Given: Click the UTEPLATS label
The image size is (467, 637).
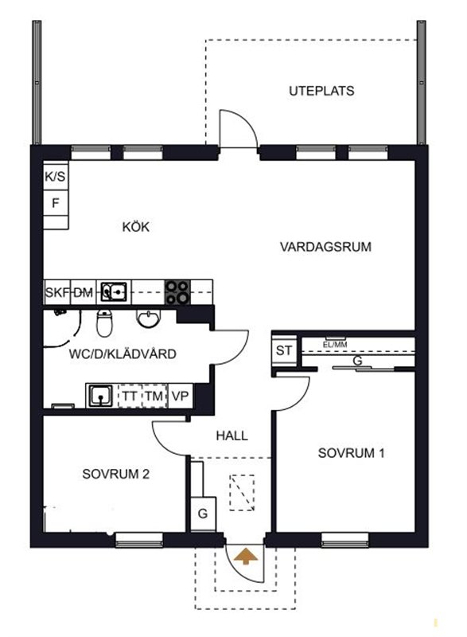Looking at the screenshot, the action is pyautogui.click(x=321, y=91).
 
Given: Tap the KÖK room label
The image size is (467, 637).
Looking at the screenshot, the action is pyautogui.click(x=136, y=226).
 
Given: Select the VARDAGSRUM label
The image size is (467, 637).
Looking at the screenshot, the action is pyautogui.click(x=325, y=247).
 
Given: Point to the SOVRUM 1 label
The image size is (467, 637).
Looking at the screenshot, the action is pyautogui.click(x=351, y=453).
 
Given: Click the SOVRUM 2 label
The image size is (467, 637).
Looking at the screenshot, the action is pyautogui.click(x=115, y=474).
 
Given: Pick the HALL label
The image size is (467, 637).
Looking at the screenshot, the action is pyautogui.click(x=232, y=436).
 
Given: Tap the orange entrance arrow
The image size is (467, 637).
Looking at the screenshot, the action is pyautogui.click(x=245, y=557).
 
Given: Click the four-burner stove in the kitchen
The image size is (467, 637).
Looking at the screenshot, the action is pyautogui.click(x=177, y=292).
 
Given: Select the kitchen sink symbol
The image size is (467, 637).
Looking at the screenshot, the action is pyautogui.click(x=114, y=291).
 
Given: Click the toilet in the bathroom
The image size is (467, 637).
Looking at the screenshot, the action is pyautogui.click(x=104, y=322).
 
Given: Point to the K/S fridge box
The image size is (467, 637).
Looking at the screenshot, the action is pyautogui.click(x=56, y=176).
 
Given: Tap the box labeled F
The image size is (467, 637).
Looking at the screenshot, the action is pyautogui.click(x=56, y=203).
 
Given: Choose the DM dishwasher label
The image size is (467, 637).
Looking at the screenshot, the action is pyautogui.click(x=84, y=292).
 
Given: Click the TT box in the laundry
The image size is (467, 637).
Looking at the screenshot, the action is pyautogui.click(x=130, y=396).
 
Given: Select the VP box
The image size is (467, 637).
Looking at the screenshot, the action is pyautogui.click(x=180, y=396).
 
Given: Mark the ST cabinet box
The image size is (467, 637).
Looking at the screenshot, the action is pyautogui.click(x=284, y=350).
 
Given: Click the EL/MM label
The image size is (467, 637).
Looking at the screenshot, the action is pyautogui.click(x=335, y=345).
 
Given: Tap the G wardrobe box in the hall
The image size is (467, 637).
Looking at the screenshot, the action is pyautogui.click(x=203, y=514).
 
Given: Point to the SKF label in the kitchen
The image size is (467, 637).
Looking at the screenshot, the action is pyautogui.click(x=56, y=292).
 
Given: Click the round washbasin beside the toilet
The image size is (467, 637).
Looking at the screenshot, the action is pyautogui.click(x=148, y=318).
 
